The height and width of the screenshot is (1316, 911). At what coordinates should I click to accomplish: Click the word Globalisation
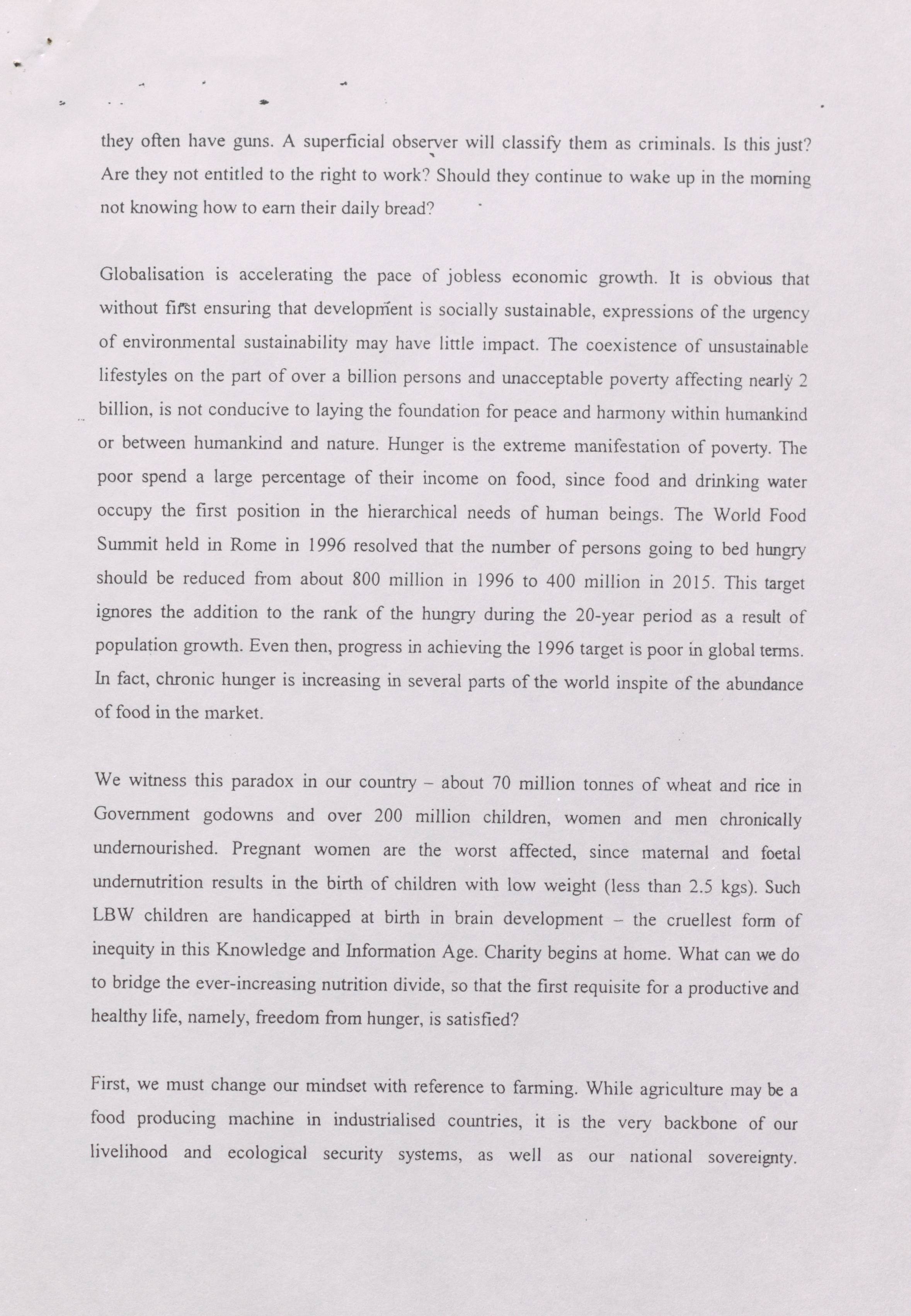[152, 275]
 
